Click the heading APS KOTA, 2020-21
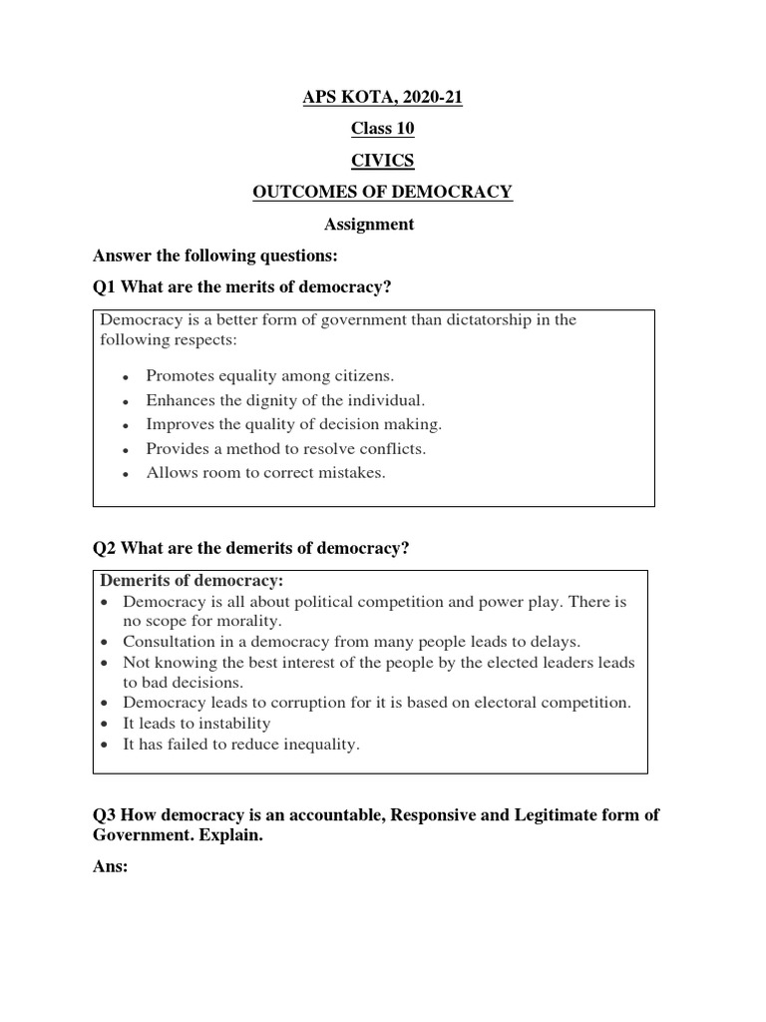[383, 97]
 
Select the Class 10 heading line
[383, 129]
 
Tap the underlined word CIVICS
[383, 161]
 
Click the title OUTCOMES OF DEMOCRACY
[383, 193]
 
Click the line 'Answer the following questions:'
[208, 256]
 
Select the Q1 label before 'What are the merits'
[104, 287]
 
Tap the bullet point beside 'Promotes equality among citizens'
[126, 377]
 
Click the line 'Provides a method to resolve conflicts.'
[285, 448]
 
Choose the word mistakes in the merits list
[350, 472]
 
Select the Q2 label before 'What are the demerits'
[104, 548]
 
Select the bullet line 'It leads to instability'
[196, 724]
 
